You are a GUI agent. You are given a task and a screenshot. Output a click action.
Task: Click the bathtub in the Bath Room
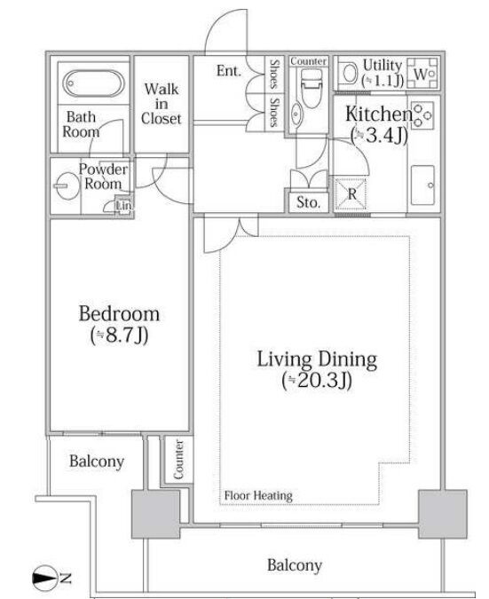pyautogui.click(x=93, y=83)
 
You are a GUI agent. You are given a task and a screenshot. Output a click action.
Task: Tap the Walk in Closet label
pyautogui.click(x=162, y=104)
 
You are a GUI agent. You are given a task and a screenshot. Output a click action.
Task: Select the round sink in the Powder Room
pyautogui.click(x=68, y=185)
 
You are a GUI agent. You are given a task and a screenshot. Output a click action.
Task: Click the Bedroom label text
pyautogui.click(x=119, y=313)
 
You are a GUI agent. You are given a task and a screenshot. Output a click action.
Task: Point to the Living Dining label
pyautogui.click(x=317, y=359)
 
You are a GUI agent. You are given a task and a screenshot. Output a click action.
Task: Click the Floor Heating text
pyautogui.click(x=258, y=495)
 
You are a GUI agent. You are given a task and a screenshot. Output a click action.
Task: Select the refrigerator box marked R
pyautogui.click(x=351, y=193)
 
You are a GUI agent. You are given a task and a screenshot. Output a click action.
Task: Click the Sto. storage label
pyautogui.click(x=308, y=202)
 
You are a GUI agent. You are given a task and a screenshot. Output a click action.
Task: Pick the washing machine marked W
pyautogui.click(x=422, y=74)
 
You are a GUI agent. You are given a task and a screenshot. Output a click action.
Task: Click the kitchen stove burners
pyautogui.click(x=422, y=114)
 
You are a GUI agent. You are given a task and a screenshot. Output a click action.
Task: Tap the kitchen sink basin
pyautogui.click(x=422, y=185)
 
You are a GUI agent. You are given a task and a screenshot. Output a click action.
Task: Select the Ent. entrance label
pyautogui.click(x=229, y=71)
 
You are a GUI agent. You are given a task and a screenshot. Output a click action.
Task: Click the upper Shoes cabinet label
pyautogui.click(x=274, y=74)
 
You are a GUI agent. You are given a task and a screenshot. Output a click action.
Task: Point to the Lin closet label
pyautogui.click(x=123, y=206)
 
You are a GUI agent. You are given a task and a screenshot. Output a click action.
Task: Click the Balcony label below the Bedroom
pyautogui.click(x=97, y=461)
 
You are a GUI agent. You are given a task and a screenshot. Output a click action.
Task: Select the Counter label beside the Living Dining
pyautogui.click(x=178, y=460)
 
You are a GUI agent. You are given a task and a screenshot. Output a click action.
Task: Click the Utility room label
pyautogui.click(x=383, y=72)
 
